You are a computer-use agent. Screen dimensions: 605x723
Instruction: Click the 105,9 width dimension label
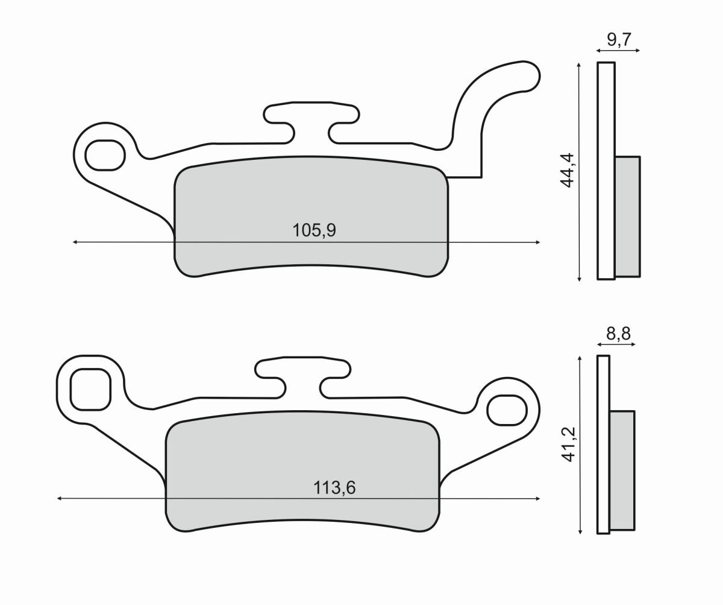(x=313, y=230)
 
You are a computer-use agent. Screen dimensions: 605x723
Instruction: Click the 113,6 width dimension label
(x=334, y=487)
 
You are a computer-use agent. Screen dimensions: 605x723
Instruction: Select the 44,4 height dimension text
(x=567, y=171)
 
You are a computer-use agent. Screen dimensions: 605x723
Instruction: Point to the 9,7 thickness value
(x=619, y=40)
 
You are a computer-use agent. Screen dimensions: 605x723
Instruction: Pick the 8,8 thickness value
(x=619, y=334)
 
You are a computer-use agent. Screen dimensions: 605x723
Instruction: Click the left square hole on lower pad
(x=90, y=389)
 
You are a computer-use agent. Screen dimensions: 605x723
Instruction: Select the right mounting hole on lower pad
(x=506, y=411)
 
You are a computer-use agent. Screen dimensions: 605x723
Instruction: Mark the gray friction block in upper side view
(x=627, y=216)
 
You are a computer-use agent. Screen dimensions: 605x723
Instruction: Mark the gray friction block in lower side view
(x=622, y=470)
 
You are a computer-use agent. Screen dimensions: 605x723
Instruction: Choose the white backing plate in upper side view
(x=606, y=171)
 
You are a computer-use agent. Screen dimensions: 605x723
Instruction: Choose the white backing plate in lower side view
(x=603, y=445)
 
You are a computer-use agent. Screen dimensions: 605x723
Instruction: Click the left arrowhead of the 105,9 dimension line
(x=75, y=242)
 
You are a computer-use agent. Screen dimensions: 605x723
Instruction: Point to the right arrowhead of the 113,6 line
(x=537, y=499)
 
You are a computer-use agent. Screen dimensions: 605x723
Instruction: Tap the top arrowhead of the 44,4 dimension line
(x=579, y=64)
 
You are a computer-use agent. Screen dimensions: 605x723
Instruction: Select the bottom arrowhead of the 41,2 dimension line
(x=580, y=531)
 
